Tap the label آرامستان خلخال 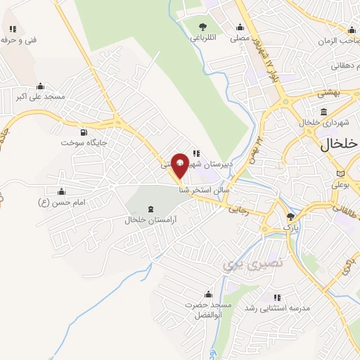[x=150, y=220]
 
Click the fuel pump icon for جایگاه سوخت [x=84, y=131]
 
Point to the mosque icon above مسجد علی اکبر [x=41, y=86]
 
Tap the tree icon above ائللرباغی [x=202, y=27]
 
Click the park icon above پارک [x=290, y=217]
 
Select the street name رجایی [x=237, y=208]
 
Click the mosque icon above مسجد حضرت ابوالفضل [x=207, y=295]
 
